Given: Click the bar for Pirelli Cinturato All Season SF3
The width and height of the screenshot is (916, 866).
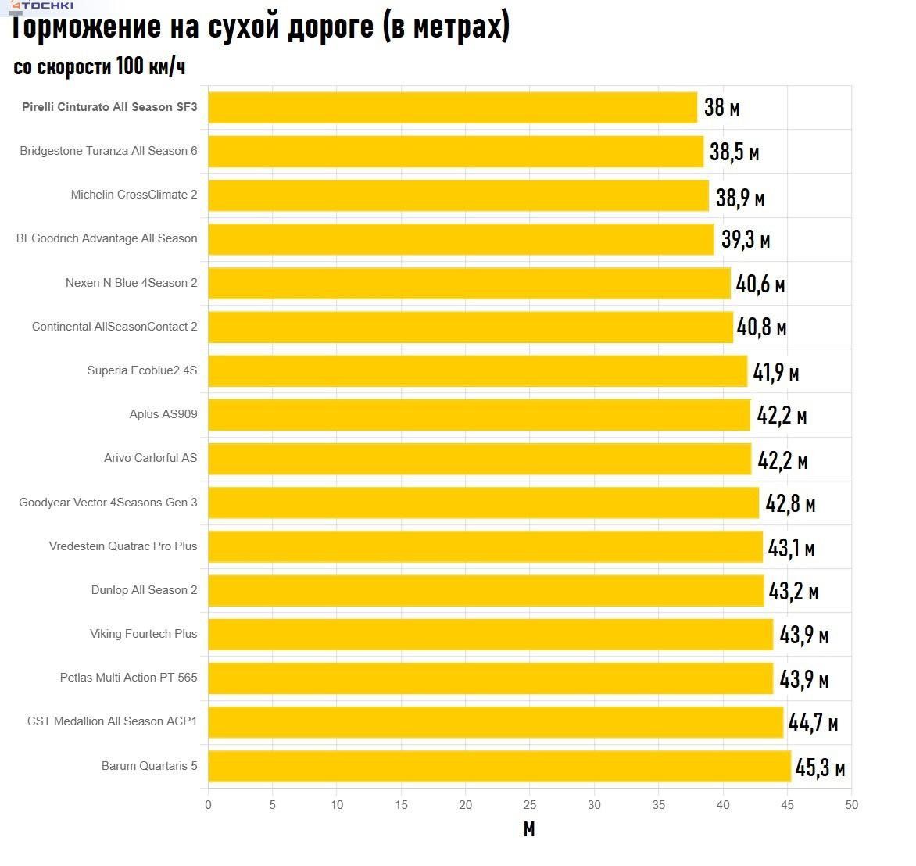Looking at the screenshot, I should click(x=453, y=108).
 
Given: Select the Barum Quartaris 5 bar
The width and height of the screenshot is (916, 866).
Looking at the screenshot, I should click(x=499, y=766).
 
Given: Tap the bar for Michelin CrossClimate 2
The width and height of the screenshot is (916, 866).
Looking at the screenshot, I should click(x=458, y=195).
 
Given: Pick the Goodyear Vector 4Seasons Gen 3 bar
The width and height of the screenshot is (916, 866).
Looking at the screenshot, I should click(x=483, y=503).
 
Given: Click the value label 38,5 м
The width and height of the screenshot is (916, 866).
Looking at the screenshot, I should click(x=734, y=152).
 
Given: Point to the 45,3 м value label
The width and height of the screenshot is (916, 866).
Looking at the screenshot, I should click(x=820, y=768).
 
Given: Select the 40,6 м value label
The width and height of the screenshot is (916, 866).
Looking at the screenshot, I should click(x=760, y=284).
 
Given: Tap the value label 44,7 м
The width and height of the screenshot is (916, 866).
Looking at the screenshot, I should click(x=813, y=723).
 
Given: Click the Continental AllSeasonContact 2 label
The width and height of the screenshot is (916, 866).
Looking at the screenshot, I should click(x=114, y=327).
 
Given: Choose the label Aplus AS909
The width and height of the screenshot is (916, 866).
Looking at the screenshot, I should click(x=163, y=414).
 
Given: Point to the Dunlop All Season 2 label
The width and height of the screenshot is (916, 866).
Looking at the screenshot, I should click(x=144, y=590).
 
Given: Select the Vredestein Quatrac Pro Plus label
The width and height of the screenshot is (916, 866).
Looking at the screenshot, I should click(x=123, y=546).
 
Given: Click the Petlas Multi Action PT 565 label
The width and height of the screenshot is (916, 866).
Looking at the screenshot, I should click(x=128, y=678).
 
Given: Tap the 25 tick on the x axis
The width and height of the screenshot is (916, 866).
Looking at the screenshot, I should click(x=530, y=805).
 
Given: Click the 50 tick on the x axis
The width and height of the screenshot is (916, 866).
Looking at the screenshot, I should click(x=851, y=805).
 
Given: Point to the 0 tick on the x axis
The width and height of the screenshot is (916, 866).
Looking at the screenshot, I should click(x=208, y=805).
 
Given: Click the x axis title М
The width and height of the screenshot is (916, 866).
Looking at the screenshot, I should click(x=529, y=829).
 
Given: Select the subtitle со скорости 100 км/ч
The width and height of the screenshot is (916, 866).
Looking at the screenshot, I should click(x=99, y=66).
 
